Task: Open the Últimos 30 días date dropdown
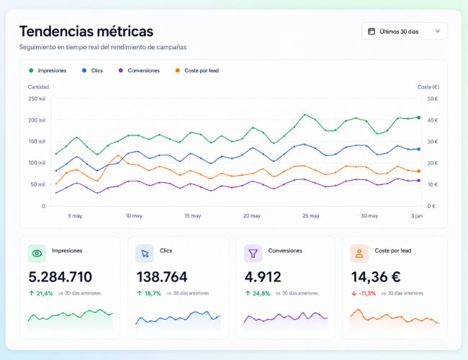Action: click(404, 32)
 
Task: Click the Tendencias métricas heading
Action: click(86, 32)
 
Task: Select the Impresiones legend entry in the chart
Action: click(48, 71)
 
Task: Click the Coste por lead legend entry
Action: click(197, 71)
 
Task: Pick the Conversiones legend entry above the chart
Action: click(139, 71)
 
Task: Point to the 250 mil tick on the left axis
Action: click(37, 99)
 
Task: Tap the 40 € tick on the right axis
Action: click(433, 120)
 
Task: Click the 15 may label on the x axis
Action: click(192, 216)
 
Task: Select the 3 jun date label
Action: click(417, 216)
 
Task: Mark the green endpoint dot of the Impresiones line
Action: click(419, 117)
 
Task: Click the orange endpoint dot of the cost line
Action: click(419, 171)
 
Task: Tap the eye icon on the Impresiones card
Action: click(37, 253)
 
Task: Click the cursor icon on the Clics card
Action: click(145, 253)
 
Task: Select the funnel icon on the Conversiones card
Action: click(253, 253)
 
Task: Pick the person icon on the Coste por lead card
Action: click(359, 253)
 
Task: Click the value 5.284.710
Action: click(60, 277)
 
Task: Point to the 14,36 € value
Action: click(376, 277)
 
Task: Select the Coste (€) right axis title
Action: click(428, 87)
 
